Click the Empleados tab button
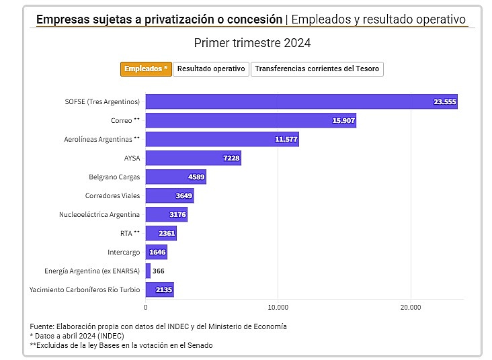pos(146,69)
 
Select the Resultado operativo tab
pos(211,69)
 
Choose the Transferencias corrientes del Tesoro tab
pos(317,69)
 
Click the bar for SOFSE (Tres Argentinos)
pos(289,102)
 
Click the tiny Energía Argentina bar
pos(148,271)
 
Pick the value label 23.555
pos(445,102)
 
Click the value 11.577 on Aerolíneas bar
pos(286,140)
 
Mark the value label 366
pos(159,271)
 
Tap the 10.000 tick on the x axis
pos(278,307)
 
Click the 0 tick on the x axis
pos(146,307)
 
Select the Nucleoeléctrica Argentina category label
pos(99,214)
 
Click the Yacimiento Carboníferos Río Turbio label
pos(85,289)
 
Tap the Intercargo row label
pos(124,252)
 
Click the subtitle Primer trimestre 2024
pos(252,43)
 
